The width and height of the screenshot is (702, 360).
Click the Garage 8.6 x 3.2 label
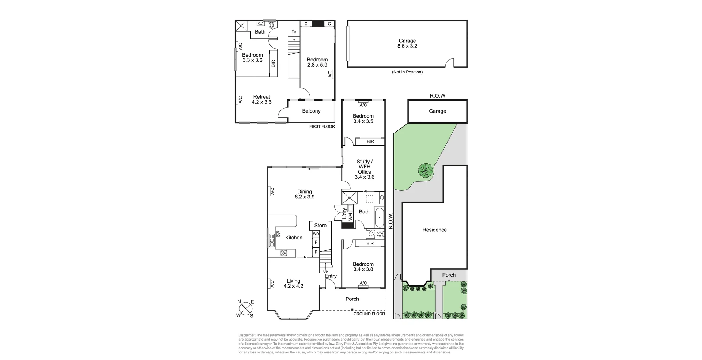(407, 43)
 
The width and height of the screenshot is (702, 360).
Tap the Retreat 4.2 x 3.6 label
(261, 99)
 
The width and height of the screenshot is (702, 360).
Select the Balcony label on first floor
(311, 111)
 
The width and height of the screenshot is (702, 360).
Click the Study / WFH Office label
(365, 169)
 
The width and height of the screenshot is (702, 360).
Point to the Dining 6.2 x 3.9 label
(305, 194)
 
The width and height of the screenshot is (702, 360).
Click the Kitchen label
(294, 238)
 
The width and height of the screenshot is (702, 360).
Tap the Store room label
(320, 226)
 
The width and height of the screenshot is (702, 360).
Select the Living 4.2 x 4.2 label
(293, 284)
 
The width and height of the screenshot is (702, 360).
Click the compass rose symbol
(246, 308)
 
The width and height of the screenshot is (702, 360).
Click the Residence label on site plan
(434, 230)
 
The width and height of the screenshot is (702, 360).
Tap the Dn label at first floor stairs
(294, 32)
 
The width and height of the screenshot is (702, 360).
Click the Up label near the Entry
(325, 271)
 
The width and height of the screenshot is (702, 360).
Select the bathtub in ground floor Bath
(379, 217)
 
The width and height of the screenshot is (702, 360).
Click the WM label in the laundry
(350, 217)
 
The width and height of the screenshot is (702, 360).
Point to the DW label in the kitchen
(278, 234)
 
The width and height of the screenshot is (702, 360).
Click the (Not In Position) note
(407, 72)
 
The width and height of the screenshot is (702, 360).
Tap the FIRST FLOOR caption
(322, 126)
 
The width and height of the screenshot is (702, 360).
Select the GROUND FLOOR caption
(369, 314)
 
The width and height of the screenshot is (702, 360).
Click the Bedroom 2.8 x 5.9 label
(317, 62)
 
